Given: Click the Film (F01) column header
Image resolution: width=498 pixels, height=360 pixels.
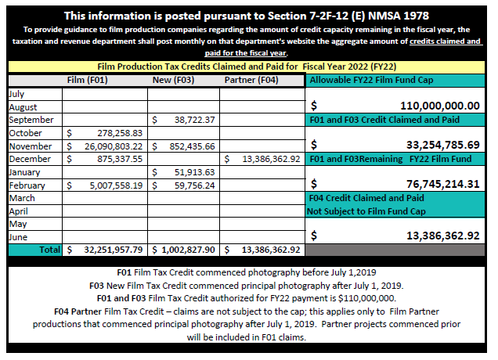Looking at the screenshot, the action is click(88, 80).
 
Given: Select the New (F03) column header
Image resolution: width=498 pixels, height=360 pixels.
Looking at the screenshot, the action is click(173, 80).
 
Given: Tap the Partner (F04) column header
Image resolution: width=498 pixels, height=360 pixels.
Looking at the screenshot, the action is click(251, 80).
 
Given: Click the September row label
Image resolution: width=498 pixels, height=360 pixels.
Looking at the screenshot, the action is click(31, 120).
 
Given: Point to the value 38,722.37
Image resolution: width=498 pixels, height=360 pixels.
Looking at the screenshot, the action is click(195, 120).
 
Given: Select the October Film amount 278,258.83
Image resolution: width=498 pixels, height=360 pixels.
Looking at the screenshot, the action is click(120, 133).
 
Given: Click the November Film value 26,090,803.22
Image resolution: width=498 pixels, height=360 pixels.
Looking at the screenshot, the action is click(114, 146).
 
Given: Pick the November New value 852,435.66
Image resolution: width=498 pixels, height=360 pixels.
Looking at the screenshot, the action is click(192, 146).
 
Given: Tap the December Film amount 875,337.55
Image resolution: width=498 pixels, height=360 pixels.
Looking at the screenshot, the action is click(120, 159).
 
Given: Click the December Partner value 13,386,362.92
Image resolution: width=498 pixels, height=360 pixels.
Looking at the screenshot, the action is click(271, 159).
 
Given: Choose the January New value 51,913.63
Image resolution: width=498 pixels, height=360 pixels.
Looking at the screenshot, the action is click(195, 172).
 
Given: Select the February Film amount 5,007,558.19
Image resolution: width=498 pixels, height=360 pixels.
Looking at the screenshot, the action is click(116, 185).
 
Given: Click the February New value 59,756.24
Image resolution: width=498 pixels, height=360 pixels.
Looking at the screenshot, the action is click(195, 185).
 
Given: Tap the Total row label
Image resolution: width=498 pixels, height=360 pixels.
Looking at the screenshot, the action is click(49, 250).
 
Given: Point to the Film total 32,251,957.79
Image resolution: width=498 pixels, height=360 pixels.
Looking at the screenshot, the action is click(113, 250).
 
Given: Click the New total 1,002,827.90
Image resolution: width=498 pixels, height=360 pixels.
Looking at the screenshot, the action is click(188, 250).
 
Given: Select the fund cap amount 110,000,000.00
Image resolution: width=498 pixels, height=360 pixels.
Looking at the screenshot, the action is click(440, 106).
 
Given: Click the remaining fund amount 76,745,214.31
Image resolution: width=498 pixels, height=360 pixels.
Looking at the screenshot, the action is click(443, 184).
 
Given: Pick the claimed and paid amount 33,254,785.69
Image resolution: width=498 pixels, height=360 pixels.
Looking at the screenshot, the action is click(443, 145).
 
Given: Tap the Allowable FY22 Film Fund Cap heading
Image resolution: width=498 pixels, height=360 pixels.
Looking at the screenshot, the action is click(371, 80).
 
